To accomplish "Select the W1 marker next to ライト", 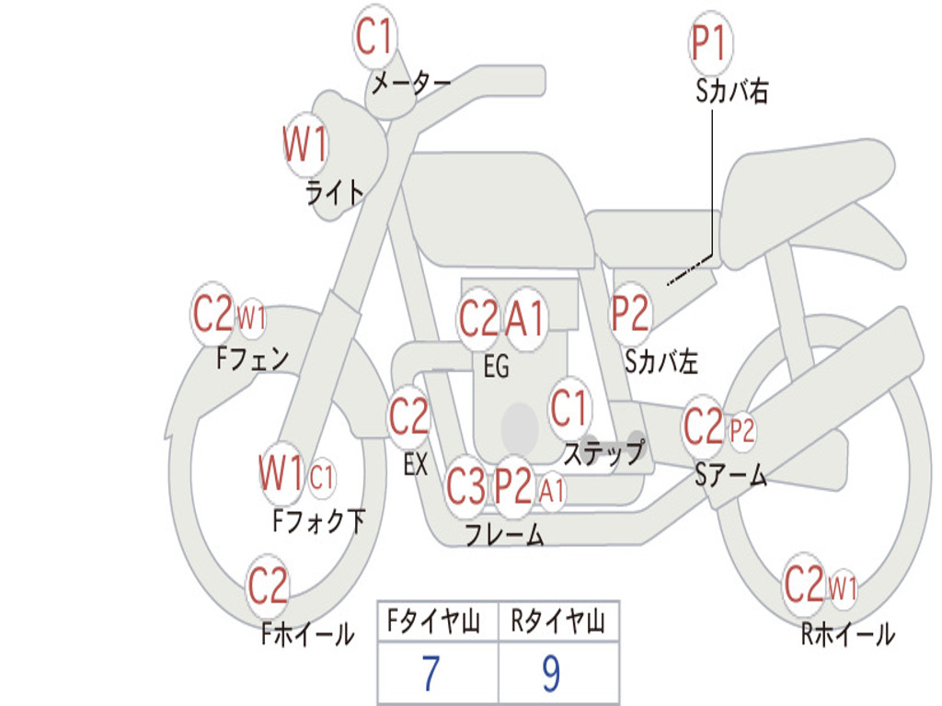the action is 304,145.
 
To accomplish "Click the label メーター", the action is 410,84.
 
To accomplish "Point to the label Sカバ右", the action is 732,91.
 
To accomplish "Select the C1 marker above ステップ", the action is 569,408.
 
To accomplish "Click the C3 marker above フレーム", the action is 465,486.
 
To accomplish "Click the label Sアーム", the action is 730,475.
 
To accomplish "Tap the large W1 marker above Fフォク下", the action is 281,474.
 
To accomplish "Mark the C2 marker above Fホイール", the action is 269,586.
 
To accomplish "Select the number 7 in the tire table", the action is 430,674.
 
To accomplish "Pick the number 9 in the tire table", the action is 551,674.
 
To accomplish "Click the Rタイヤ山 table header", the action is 557,625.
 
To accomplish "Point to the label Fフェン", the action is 253,357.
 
